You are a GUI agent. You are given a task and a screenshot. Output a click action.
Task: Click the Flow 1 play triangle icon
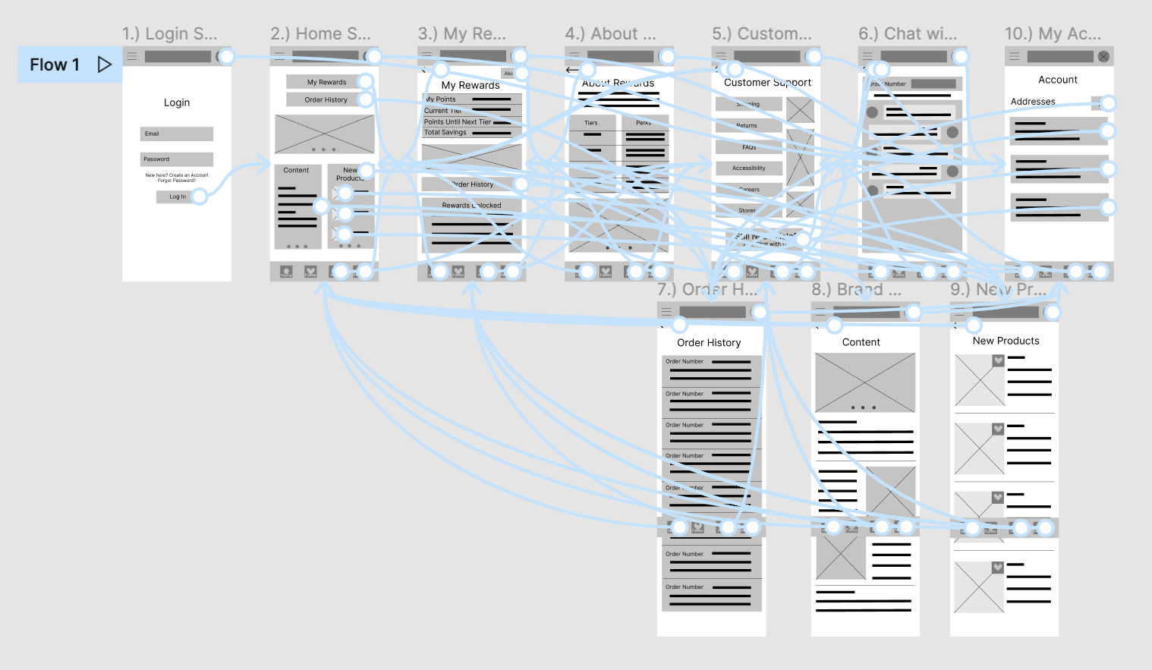pyautogui.click(x=105, y=64)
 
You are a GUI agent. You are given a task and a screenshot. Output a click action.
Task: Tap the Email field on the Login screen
pyautogui.click(x=176, y=134)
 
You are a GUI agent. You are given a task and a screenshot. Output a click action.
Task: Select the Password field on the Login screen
pyautogui.click(x=176, y=159)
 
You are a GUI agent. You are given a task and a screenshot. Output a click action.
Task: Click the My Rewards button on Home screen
pyautogui.click(x=326, y=82)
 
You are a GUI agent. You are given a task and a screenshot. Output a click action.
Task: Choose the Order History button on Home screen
pyautogui.click(x=326, y=99)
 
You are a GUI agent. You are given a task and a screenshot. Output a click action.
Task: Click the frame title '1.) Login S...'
pyautogui.click(x=169, y=33)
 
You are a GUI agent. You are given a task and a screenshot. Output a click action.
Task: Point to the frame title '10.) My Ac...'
pyautogui.click(x=1052, y=33)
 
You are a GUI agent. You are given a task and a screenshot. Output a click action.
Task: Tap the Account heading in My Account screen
pyautogui.click(x=1058, y=80)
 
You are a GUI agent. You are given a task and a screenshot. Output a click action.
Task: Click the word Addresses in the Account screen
pyautogui.click(x=1033, y=102)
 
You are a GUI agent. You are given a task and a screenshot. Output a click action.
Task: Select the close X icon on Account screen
pyautogui.click(x=1103, y=56)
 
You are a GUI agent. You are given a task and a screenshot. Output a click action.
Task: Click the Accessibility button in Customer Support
pyautogui.click(x=748, y=168)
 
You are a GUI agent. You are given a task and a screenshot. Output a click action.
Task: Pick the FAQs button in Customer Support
pyautogui.click(x=748, y=147)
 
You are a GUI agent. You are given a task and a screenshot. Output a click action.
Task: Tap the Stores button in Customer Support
pyautogui.click(x=747, y=210)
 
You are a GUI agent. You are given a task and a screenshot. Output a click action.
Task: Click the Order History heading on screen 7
pyautogui.click(x=709, y=343)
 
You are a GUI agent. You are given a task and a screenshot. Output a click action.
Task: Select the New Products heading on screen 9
pyautogui.click(x=1006, y=341)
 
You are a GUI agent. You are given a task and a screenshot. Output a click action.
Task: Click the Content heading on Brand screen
pyautogui.click(x=861, y=342)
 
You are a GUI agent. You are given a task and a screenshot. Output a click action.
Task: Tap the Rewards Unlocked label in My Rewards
pyautogui.click(x=471, y=205)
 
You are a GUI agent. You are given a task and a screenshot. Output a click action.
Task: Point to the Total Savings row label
pyautogui.click(x=445, y=133)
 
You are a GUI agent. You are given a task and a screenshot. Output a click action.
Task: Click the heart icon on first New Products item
pyautogui.click(x=998, y=361)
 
